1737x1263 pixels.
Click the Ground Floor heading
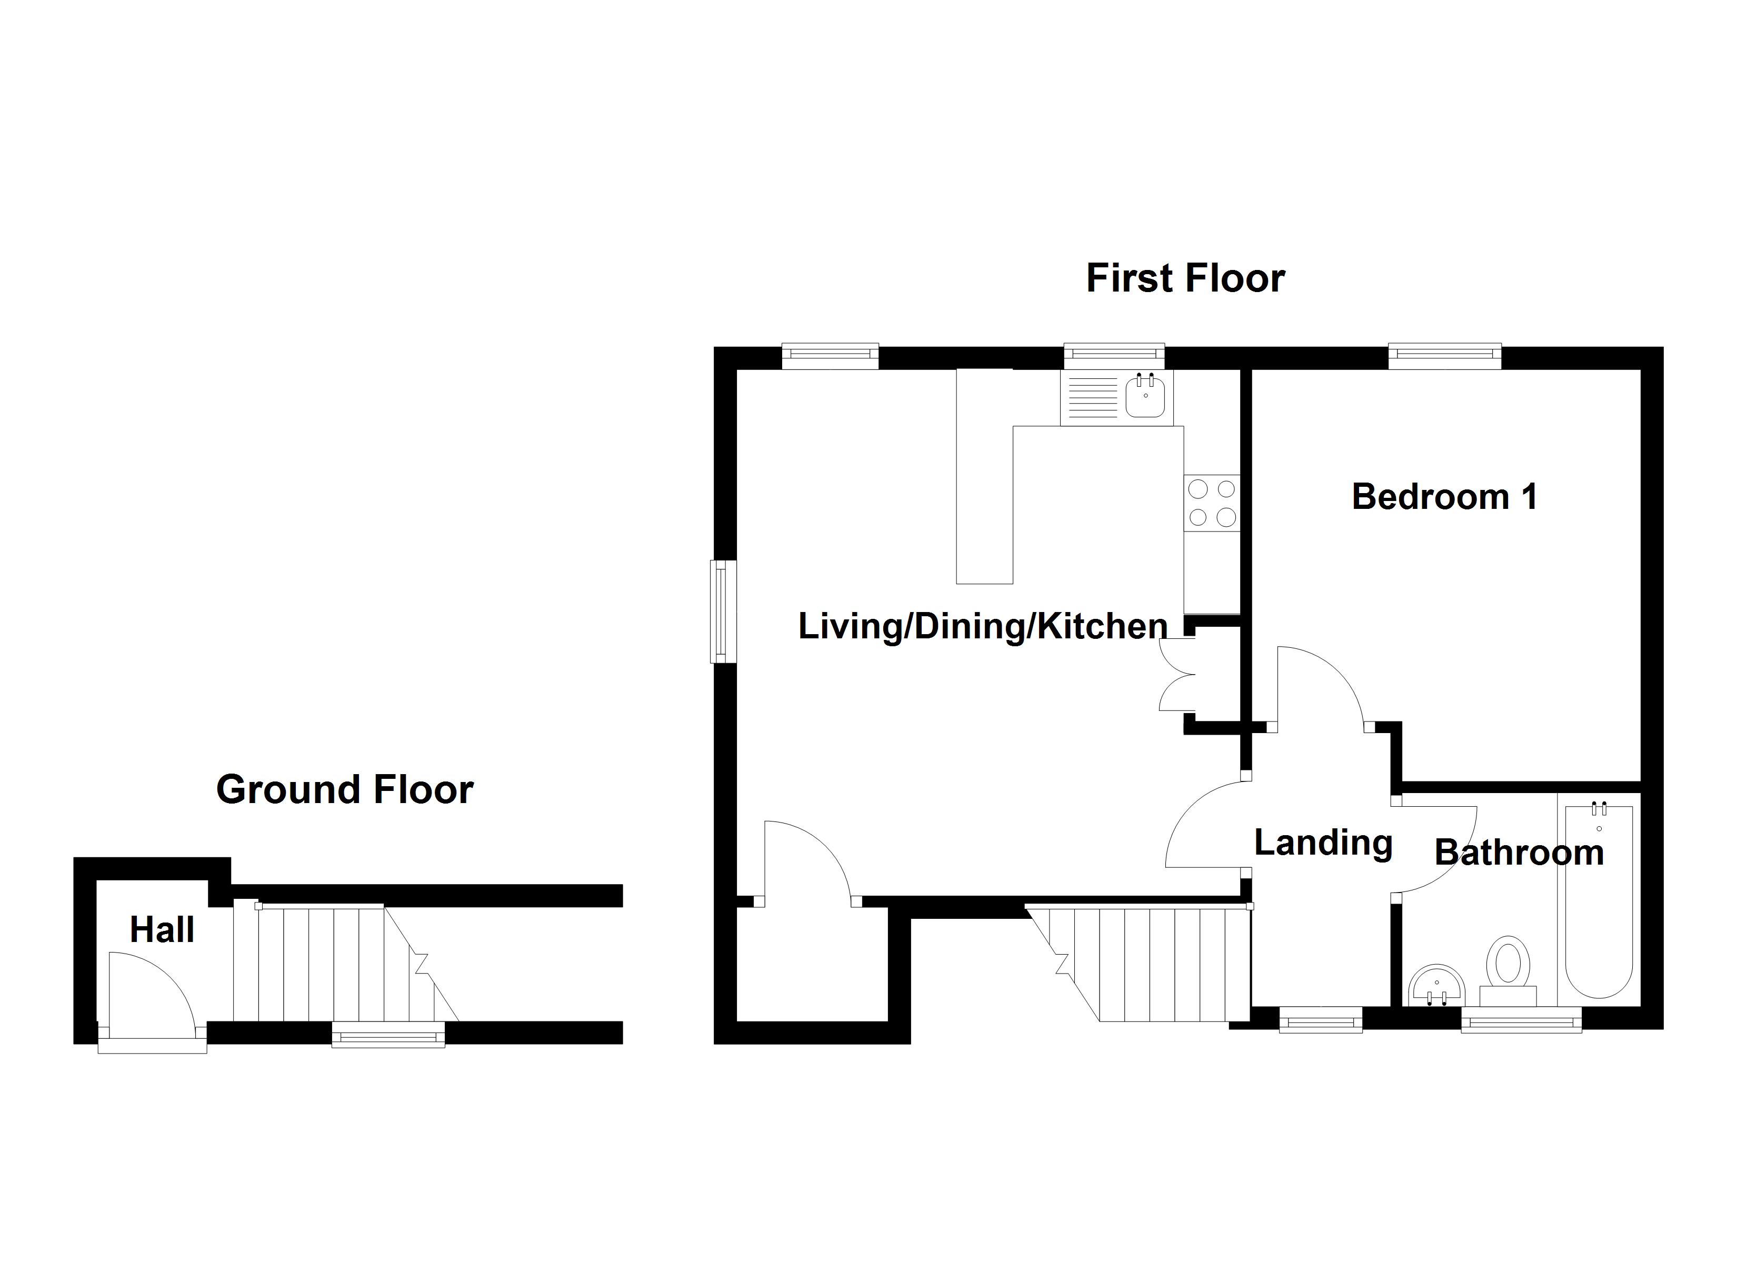click(345, 790)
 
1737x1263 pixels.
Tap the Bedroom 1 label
click(1444, 497)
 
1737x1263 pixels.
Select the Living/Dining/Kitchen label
click(983, 627)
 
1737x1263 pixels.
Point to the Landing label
click(1323, 843)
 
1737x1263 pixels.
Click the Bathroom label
click(1519, 853)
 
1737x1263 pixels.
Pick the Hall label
click(162, 930)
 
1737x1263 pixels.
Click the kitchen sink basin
click(1145, 397)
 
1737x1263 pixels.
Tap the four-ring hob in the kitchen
click(1212, 503)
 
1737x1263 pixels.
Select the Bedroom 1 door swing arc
click(1319, 686)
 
